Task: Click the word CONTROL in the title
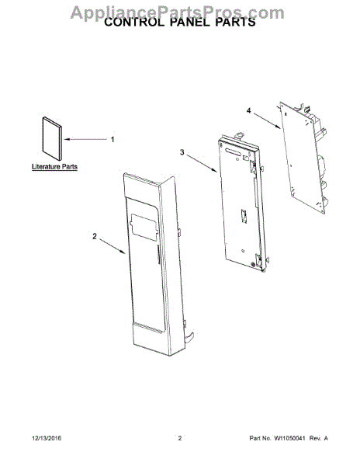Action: [x=134, y=23]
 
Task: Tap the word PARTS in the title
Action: [x=235, y=23]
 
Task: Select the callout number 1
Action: [x=112, y=139]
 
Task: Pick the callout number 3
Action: [x=182, y=152]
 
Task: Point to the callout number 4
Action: [x=248, y=110]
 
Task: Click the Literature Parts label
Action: [x=54, y=167]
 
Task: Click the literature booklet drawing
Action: [x=53, y=138]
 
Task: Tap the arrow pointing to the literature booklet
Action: [x=85, y=139]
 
